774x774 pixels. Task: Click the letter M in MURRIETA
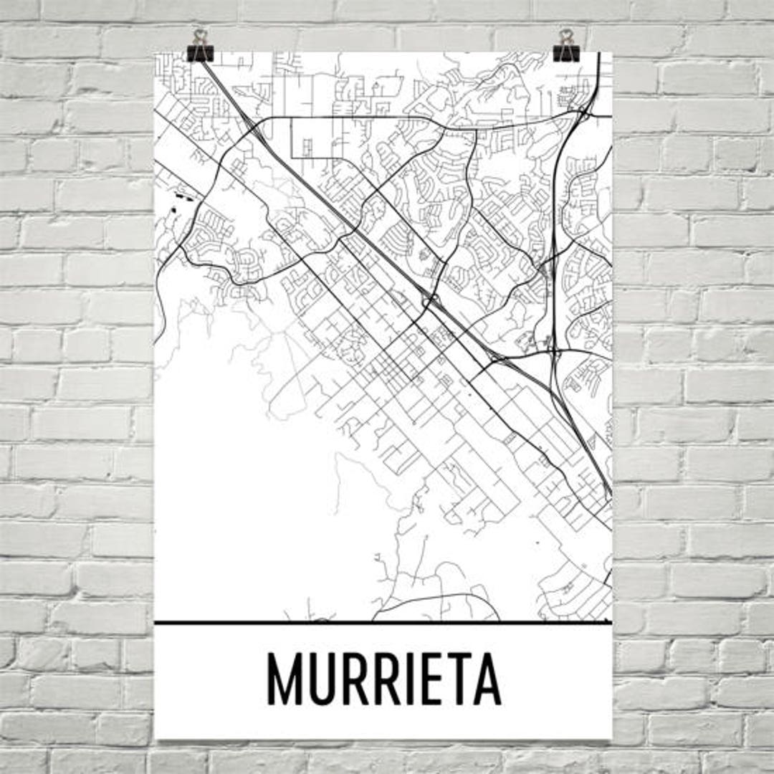(285, 679)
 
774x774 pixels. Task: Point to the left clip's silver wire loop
(200, 36)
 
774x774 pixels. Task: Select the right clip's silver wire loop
(567, 36)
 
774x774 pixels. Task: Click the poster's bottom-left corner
(156, 738)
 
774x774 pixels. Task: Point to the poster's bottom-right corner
(611, 738)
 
